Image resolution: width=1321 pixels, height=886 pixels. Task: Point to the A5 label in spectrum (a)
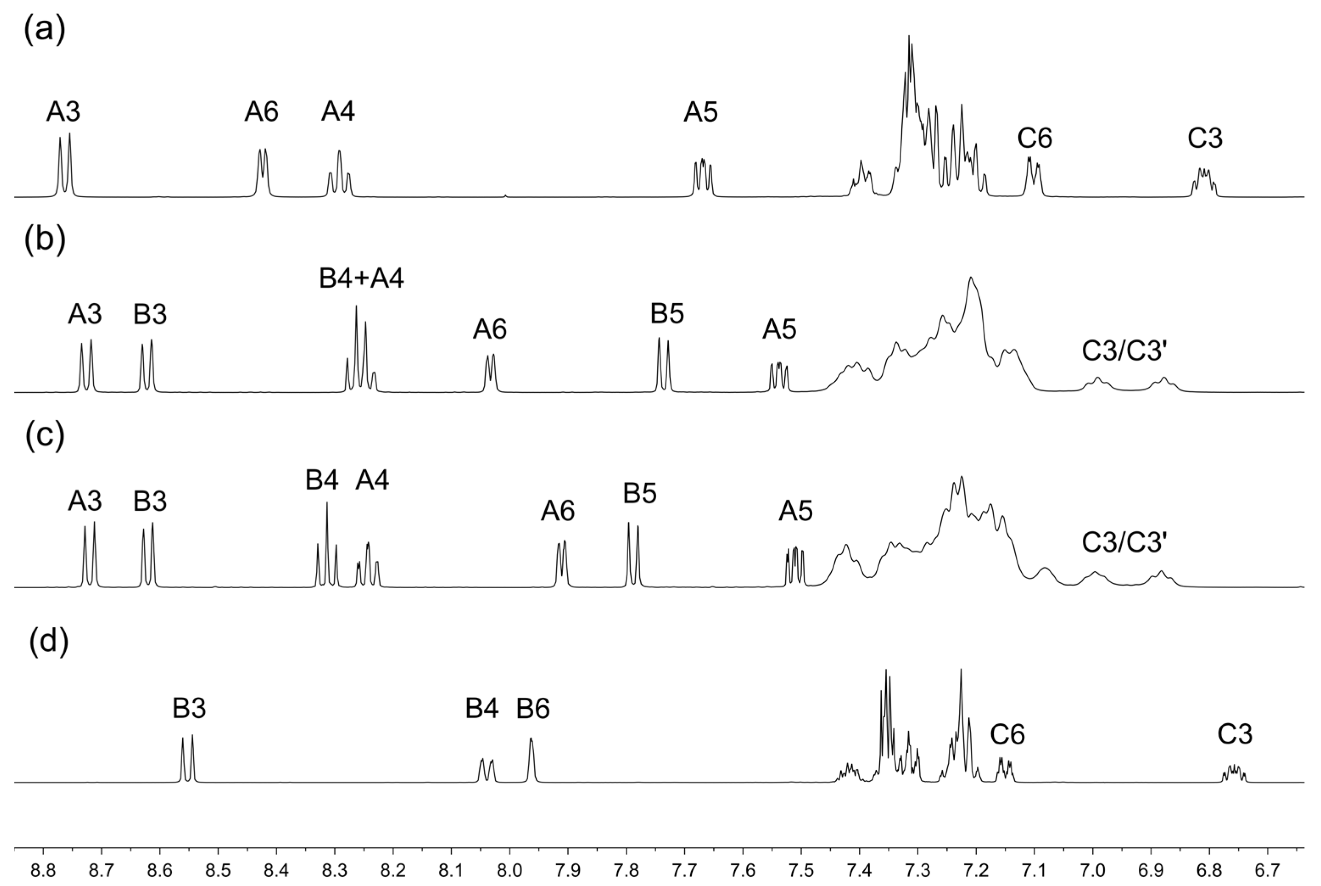pyautogui.click(x=701, y=112)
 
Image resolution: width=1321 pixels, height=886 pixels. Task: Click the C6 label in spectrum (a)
pyautogui.click(x=1035, y=138)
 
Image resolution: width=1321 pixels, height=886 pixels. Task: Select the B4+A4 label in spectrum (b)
pyautogui.click(x=362, y=279)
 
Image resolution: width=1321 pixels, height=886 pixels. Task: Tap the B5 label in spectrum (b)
pyautogui.click(x=667, y=313)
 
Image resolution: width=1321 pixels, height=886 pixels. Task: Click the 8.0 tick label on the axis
pyautogui.click(x=510, y=871)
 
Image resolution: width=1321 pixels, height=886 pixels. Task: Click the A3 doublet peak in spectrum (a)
pyautogui.click(x=65, y=164)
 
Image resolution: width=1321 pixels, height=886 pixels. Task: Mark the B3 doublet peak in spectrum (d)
pyautogui.click(x=187, y=757)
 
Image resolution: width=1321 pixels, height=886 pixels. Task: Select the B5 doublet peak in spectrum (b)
pyautogui.click(x=663, y=362)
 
